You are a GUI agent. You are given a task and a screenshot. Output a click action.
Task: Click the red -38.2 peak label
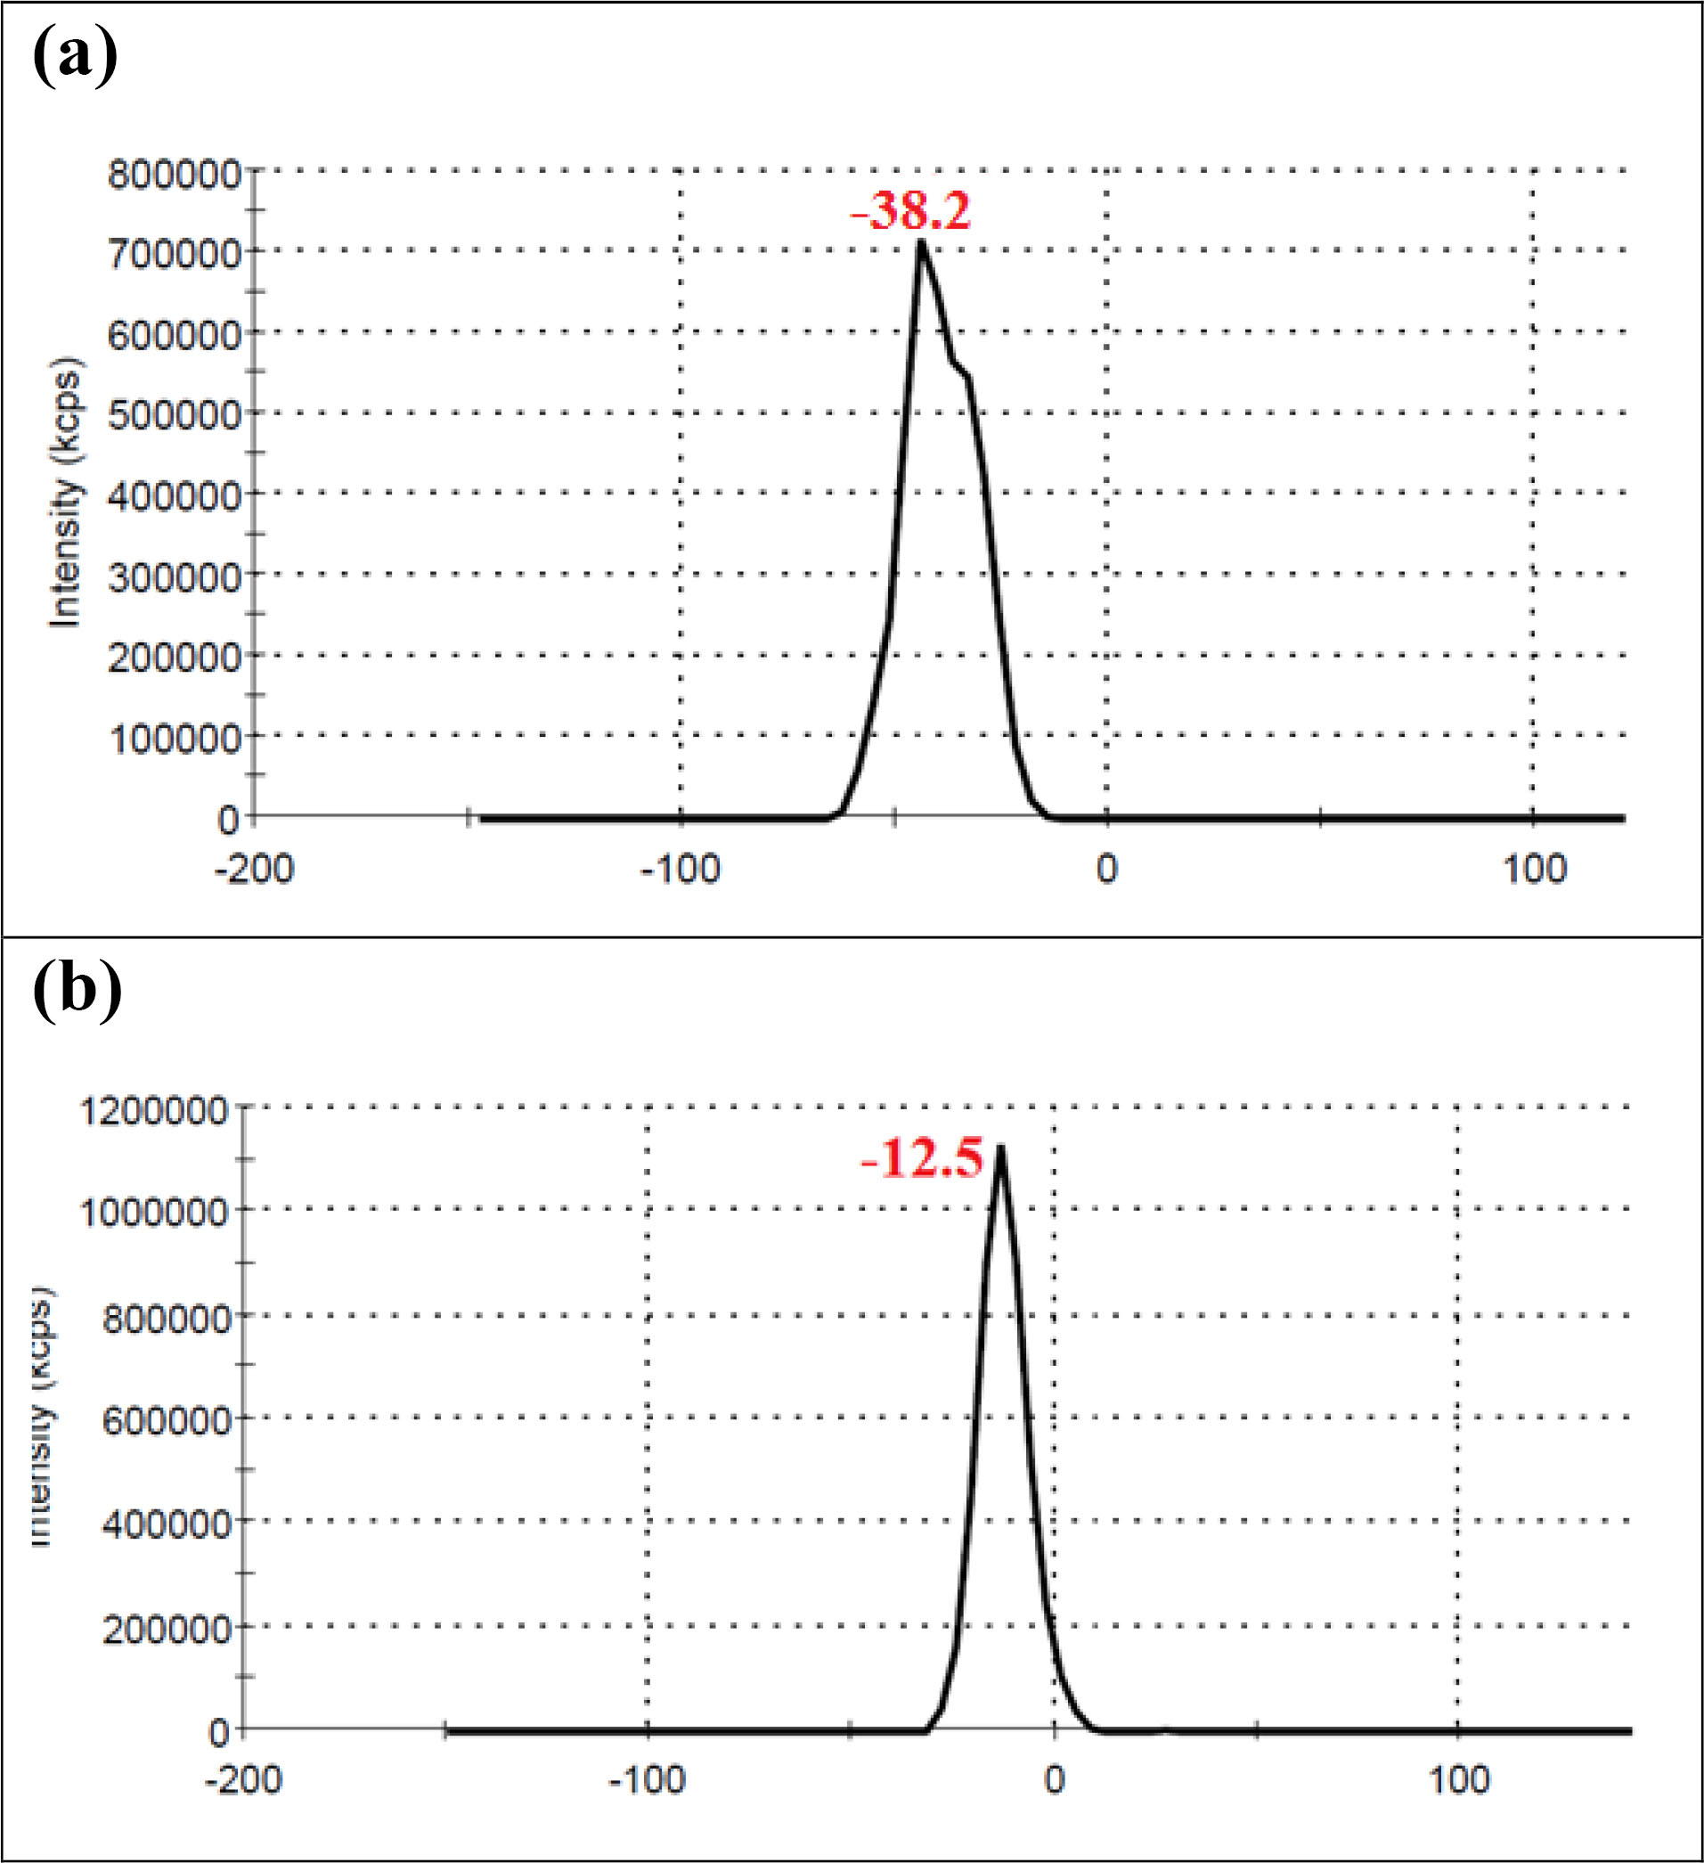910,213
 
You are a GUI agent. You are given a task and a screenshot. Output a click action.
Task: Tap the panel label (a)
76,57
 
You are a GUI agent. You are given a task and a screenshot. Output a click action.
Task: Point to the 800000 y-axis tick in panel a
174,172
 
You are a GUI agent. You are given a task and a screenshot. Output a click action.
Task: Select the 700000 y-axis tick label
174,252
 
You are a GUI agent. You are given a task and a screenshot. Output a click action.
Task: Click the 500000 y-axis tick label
174,414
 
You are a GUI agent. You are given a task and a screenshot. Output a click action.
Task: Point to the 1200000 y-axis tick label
153,1111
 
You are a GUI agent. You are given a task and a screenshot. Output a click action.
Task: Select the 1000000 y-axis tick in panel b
153,1212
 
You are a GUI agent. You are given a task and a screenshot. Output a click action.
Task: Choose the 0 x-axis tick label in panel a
1106,870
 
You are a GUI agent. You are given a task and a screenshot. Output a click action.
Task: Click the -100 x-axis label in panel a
681,870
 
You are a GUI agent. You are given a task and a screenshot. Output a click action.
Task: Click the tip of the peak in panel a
920,242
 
